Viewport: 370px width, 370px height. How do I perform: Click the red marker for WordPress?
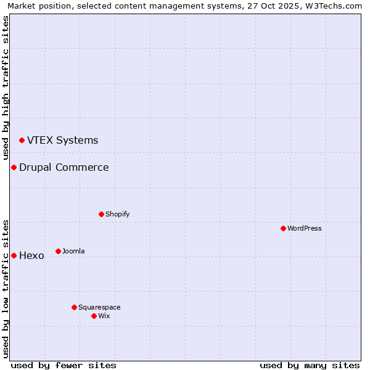pos(283,228)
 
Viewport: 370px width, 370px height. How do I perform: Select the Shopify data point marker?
pos(101,214)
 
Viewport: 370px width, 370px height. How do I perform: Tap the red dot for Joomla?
pos(58,251)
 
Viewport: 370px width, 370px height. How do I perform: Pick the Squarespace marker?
pos(74,307)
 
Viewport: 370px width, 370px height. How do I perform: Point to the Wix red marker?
pos(94,316)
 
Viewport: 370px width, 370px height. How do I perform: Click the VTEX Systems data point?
pos(22,140)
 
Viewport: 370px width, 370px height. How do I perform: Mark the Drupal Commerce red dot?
pos(14,167)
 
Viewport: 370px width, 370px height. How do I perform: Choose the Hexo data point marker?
pos(14,255)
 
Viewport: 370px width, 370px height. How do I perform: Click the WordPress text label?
pos(305,228)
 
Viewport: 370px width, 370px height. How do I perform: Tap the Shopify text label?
pos(117,214)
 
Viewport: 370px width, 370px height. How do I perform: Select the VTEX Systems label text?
pos(62,140)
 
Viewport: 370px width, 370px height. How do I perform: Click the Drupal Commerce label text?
pos(64,167)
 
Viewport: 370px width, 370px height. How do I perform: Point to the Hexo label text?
pos(31,255)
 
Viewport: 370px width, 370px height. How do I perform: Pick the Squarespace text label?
pos(99,307)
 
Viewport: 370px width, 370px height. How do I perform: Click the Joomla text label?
pos(73,251)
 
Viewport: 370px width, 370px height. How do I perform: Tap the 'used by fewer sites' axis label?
pos(64,365)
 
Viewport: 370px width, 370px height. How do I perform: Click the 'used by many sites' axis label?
pos(310,365)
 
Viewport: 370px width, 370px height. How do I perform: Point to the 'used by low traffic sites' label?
pos(6,289)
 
